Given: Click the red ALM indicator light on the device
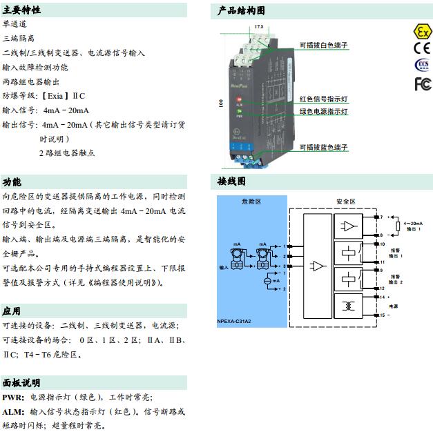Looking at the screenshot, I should tap(238, 101).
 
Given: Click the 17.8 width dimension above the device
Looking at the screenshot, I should tap(259, 26).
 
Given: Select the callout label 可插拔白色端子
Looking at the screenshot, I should tap(323, 45).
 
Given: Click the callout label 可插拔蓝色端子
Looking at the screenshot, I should tap(323, 148).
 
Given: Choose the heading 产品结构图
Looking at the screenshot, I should tap(241, 10).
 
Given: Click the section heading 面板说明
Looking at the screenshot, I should tap(21, 382).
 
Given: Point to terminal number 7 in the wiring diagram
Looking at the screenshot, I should tap(380, 217).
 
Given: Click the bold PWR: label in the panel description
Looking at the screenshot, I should tap(14, 397).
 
